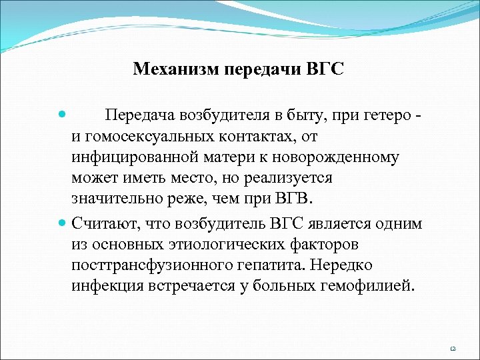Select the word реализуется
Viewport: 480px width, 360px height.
coord(291,179)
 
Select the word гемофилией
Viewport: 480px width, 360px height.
coord(369,287)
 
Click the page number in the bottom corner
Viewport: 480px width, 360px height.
coord(453,348)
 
